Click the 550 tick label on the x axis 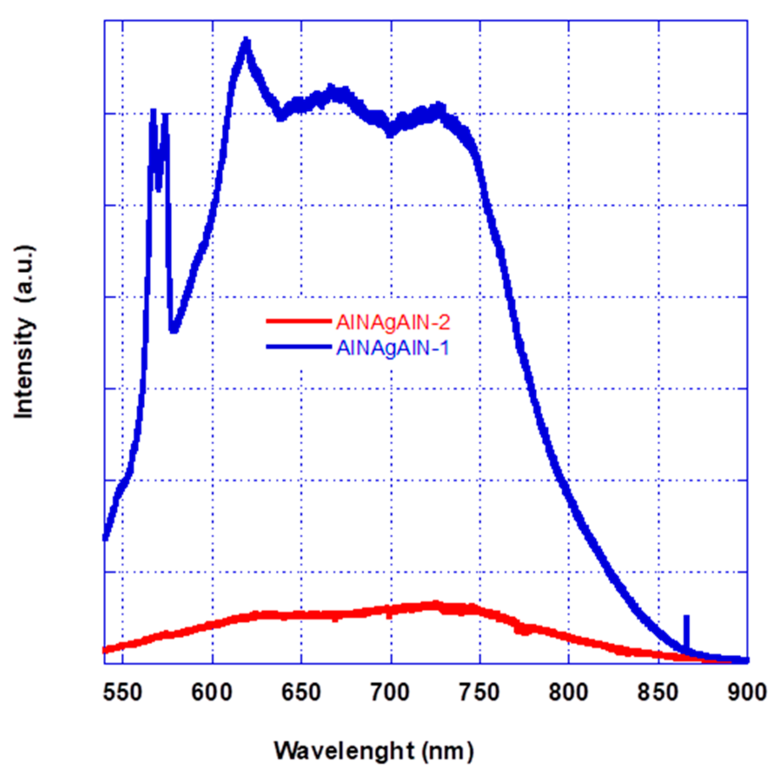(122, 693)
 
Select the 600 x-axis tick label (212, 693)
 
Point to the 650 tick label (301, 693)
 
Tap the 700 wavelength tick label (390, 693)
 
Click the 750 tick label (480, 693)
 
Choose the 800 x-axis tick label (569, 693)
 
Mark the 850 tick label (658, 693)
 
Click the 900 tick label (747, 693)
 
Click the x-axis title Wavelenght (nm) (374, 751)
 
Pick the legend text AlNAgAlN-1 (393, 348)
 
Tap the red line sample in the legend (298, 321)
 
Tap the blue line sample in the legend (298, 347)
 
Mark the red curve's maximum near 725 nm (434, 604)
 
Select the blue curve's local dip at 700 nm (390, 133)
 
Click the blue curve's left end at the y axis (105, 538)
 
